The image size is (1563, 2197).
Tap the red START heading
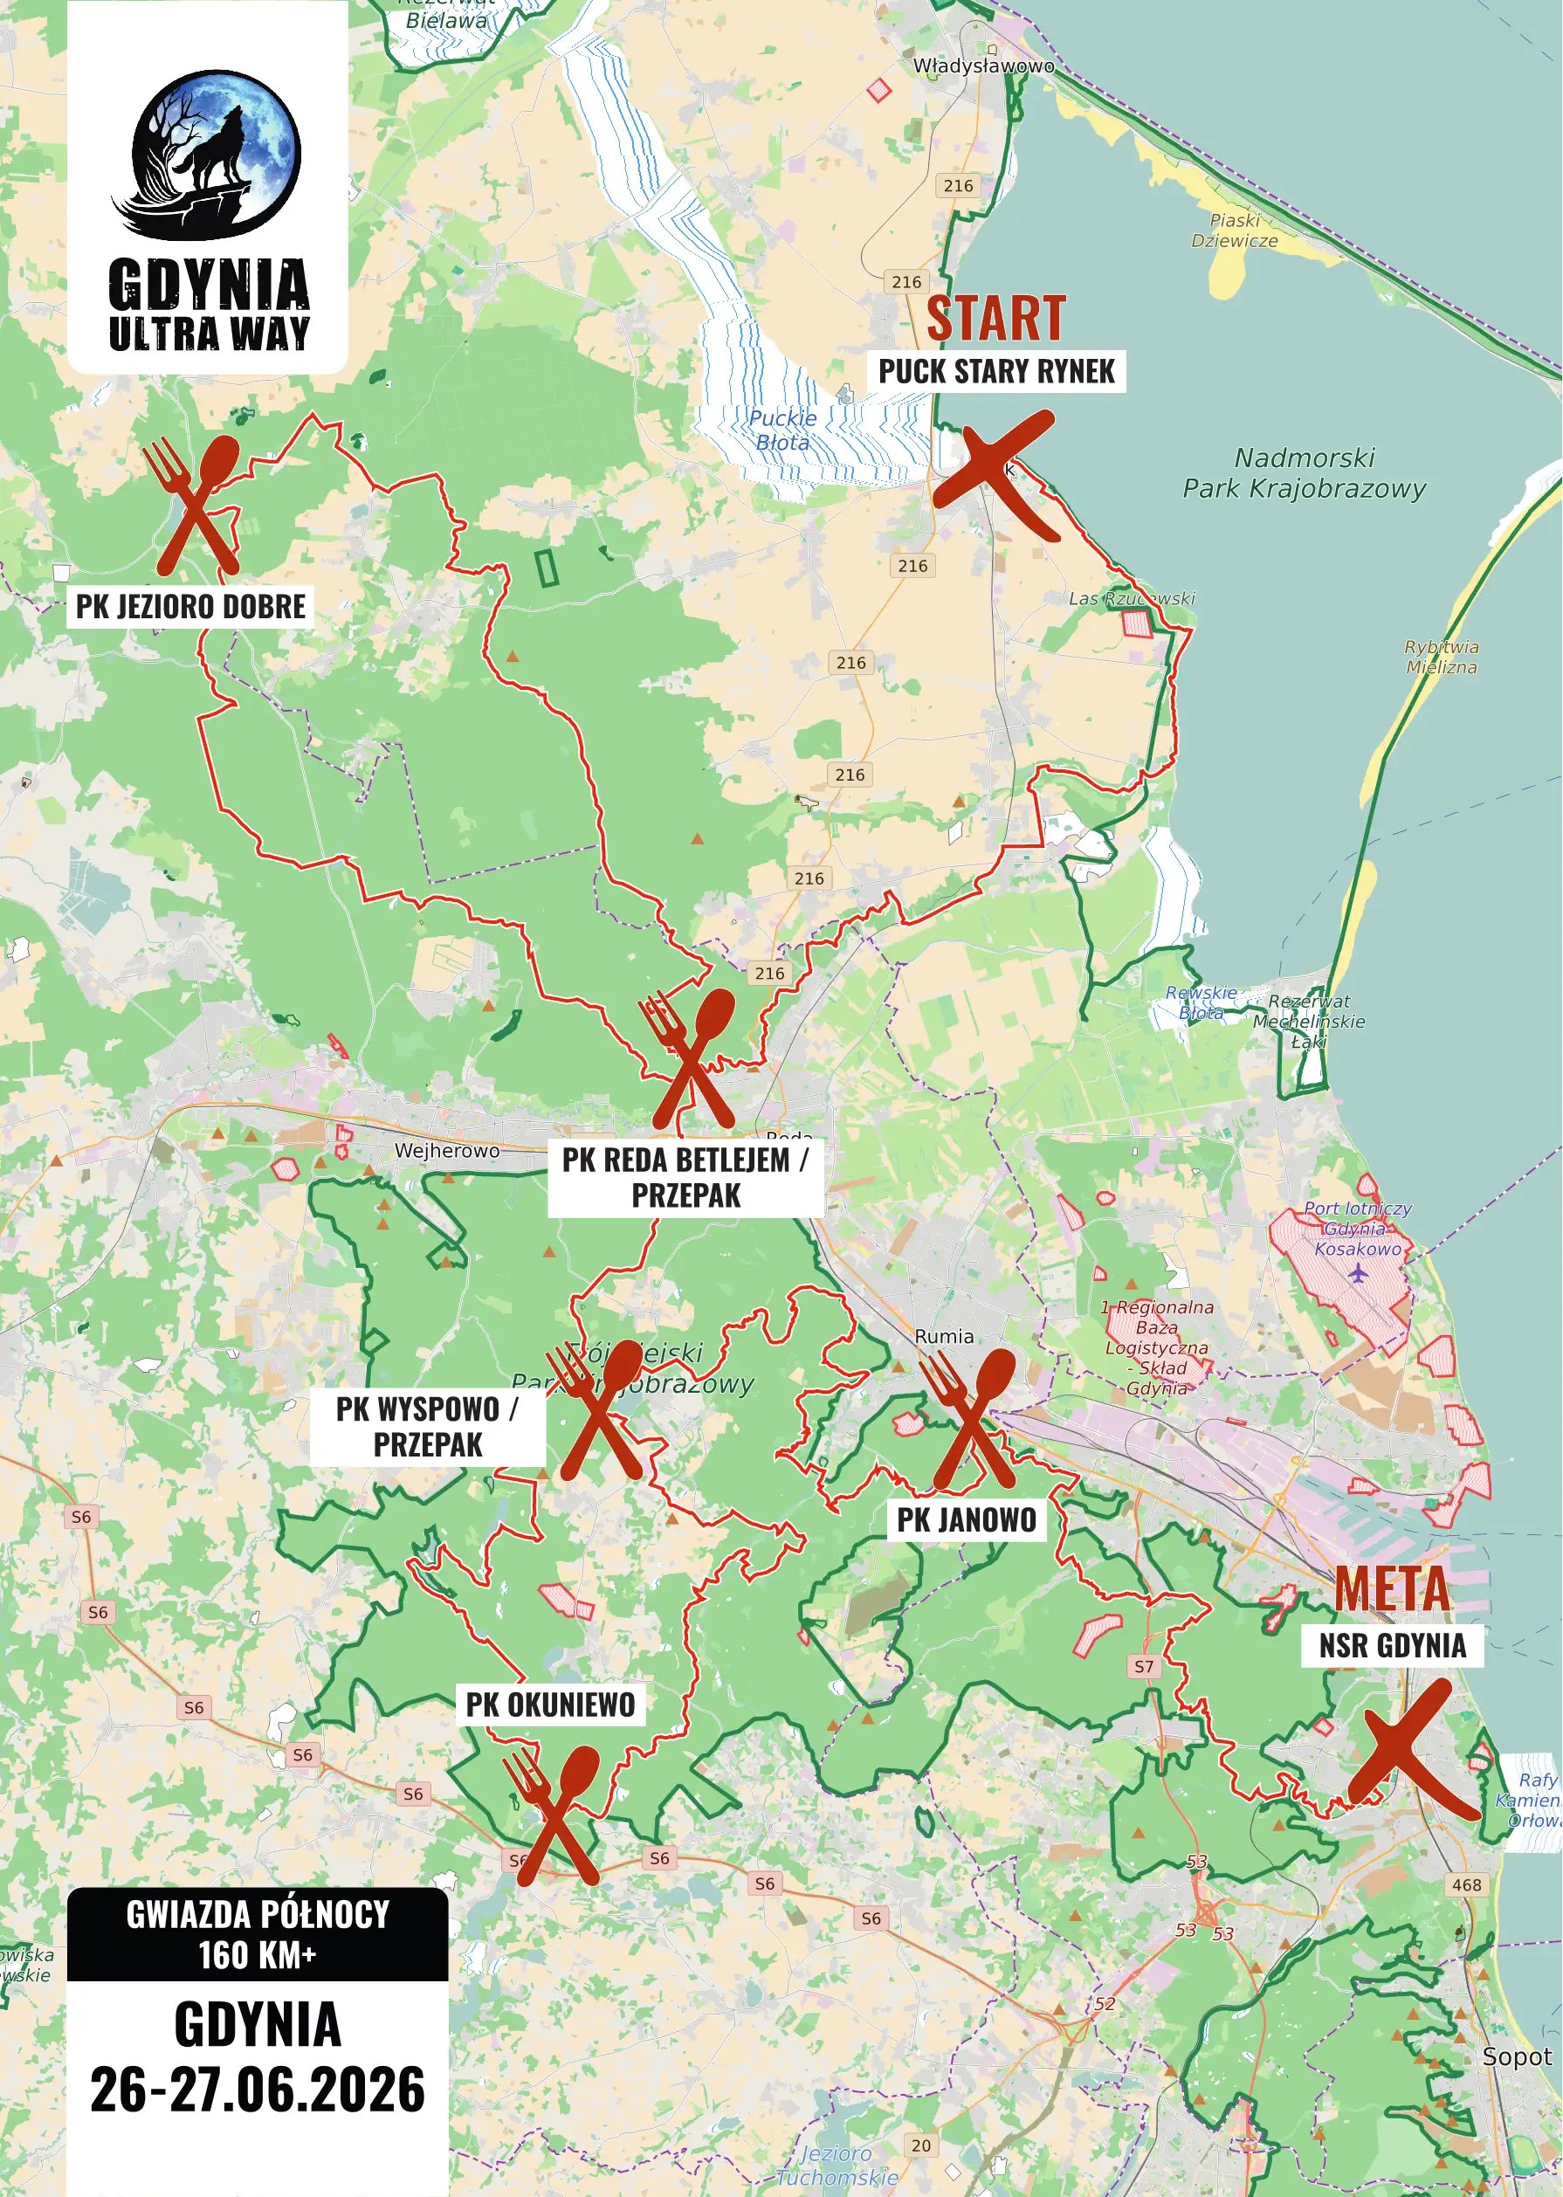click(x=995, y=319)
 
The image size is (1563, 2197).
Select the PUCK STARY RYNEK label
click(x=996, y=371)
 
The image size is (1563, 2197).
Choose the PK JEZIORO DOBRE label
click(x=190, y=607)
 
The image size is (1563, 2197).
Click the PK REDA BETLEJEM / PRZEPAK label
click(x=685, y=1178)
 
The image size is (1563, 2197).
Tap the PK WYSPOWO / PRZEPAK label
click(x=427, y=1427)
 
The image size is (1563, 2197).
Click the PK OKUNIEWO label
click(x=550, y=1705)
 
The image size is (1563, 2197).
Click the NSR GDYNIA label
click(x=1392, y=1646)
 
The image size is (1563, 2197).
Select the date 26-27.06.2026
click(x=257, y=2090)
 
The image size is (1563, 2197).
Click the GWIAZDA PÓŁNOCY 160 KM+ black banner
click(x=257, y=1934)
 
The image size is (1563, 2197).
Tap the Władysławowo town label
click(x=982, y=66)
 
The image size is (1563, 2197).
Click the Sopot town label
click(x=1516, y=2057)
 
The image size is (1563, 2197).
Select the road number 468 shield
click(x=1466, y=1885)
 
